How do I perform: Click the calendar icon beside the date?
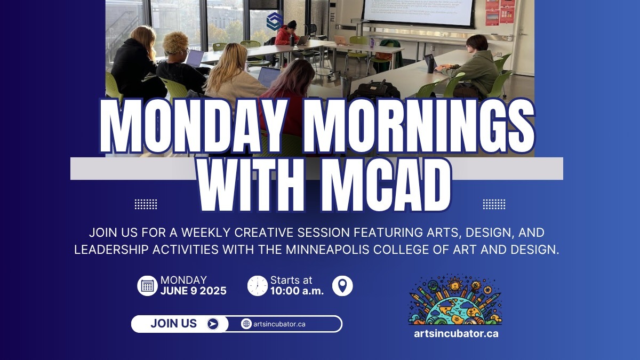pos(147,286)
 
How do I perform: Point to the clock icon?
pos(258,286)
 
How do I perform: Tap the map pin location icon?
pos(342,286)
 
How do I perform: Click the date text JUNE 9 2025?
pos(193,291)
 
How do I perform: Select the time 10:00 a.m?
pos(297,291)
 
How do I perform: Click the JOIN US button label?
pos(173,324)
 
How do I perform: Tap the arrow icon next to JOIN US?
pos(213,324)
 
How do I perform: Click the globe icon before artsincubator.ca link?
pos(246,324)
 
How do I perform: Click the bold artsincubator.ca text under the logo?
pos(456,334)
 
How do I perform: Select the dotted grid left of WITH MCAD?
pos(146,204)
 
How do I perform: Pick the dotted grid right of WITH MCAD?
pos(494,204)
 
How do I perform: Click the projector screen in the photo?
pos(419,12)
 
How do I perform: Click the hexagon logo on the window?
pos(274,21)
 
